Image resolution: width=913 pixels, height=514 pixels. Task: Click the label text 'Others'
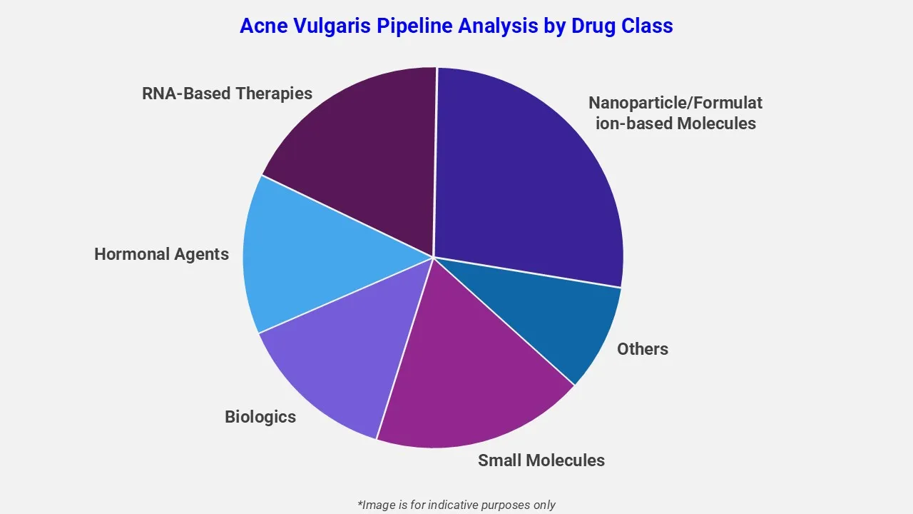click(643, 349)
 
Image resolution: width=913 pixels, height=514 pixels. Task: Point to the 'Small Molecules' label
click(541, 460)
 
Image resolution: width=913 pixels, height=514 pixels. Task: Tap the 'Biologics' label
click(260, 417)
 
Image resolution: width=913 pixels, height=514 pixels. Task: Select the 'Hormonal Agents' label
click(161, 254)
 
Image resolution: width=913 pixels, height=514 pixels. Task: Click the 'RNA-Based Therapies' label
click(227, 94)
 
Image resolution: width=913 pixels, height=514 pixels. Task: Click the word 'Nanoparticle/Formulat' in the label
click(675, 103)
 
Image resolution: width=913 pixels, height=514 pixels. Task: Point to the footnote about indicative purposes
click(456, 505)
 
